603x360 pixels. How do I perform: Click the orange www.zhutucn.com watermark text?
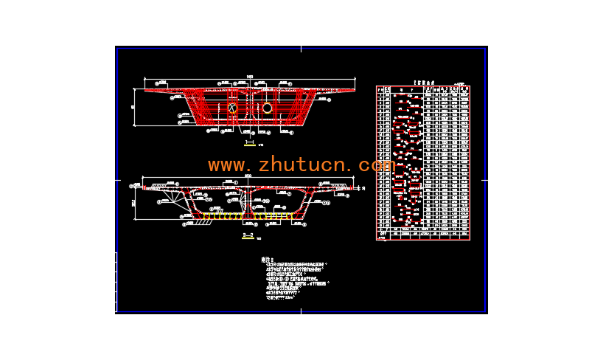[x=301, y=164]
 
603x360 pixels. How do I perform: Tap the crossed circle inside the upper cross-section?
[x=232, y=108]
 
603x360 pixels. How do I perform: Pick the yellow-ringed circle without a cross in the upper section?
[x=267, y=108]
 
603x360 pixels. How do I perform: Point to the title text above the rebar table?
[x=422, y=83]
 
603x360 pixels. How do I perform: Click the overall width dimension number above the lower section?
[x=248, y=176]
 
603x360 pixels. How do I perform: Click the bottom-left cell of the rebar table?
[x=380, y=236]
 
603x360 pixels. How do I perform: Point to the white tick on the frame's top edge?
[x=301, y=48]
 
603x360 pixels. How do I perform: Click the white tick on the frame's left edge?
[x=118, y=179]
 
